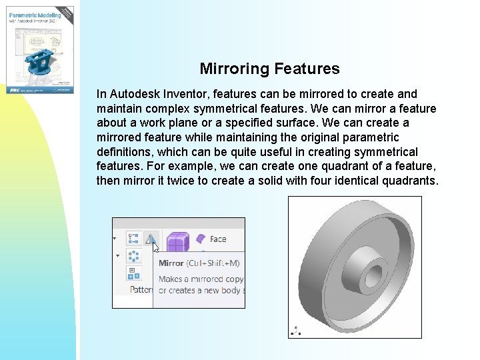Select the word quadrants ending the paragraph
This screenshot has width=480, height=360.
[x=407, y=181]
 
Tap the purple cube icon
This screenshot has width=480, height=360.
[x=177, y=241]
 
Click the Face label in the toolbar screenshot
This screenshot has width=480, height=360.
[x=218, y=239]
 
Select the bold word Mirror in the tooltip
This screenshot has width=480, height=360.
[x=171, y=263]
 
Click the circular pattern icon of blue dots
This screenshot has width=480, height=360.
[x=133, y=256]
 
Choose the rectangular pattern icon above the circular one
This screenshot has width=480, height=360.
[x=133, y=239]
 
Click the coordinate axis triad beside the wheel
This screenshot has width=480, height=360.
[x=295, y=329]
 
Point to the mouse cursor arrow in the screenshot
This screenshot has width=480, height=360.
[x=156, y=247]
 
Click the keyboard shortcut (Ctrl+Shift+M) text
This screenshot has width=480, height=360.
[x=213, y=263]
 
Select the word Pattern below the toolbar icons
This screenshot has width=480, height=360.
[x=141, y=289]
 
